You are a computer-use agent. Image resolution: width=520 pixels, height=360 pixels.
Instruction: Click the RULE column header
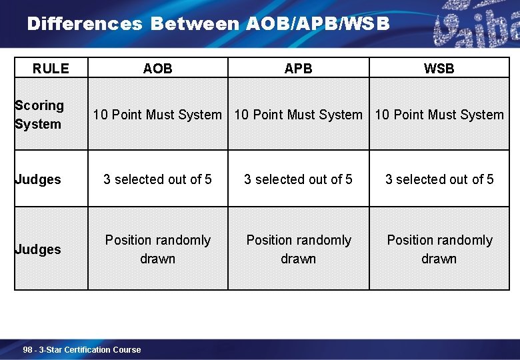pos(51,68)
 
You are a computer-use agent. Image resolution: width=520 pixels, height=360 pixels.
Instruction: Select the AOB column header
pos(157,68)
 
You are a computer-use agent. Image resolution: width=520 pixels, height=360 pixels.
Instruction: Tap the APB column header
pos(298,68)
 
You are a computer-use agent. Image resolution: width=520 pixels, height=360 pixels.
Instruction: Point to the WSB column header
pos(439,68)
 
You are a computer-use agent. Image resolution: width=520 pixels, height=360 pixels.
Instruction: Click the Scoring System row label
pos(39,115)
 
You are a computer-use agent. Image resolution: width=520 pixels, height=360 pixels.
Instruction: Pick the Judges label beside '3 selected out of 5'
pos(37,179)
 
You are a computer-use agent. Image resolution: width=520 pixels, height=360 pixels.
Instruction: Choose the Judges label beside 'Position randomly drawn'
pos(37,249)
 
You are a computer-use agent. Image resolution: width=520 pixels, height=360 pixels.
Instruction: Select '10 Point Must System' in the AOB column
pos(157,115)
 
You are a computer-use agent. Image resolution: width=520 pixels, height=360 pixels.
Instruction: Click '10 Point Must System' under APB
pos(298,115)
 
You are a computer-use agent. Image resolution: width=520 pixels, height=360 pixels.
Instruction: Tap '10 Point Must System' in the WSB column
pos(439,115)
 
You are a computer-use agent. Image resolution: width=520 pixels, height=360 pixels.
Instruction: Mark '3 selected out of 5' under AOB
pos(157,179)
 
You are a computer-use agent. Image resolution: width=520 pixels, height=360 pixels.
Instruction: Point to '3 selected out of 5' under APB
pos(298,179)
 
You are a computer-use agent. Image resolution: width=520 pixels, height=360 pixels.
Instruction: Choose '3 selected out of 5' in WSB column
pos(439,179)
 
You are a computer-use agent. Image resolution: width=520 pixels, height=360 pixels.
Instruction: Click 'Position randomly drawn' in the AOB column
pos(157,249)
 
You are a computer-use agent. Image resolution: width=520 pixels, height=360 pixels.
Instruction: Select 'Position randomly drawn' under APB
pos(298,249)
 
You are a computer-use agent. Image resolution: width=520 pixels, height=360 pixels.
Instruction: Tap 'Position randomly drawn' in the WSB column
pos(439,249)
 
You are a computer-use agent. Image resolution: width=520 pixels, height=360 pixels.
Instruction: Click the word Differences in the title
pos(85,24)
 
